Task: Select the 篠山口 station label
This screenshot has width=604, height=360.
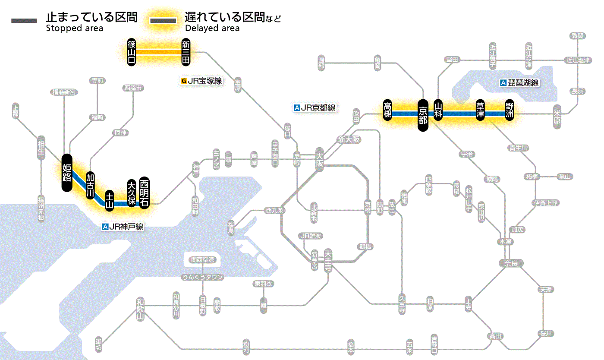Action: [132, 52]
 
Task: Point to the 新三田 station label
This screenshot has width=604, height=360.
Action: [186, 52]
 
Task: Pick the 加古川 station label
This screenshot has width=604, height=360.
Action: [90, 185]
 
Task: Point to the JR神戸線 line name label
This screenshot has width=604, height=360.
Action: [123, 226]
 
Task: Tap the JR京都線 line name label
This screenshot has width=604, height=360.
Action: [315, 108]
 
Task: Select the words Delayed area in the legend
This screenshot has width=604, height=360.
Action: [212, 28]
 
